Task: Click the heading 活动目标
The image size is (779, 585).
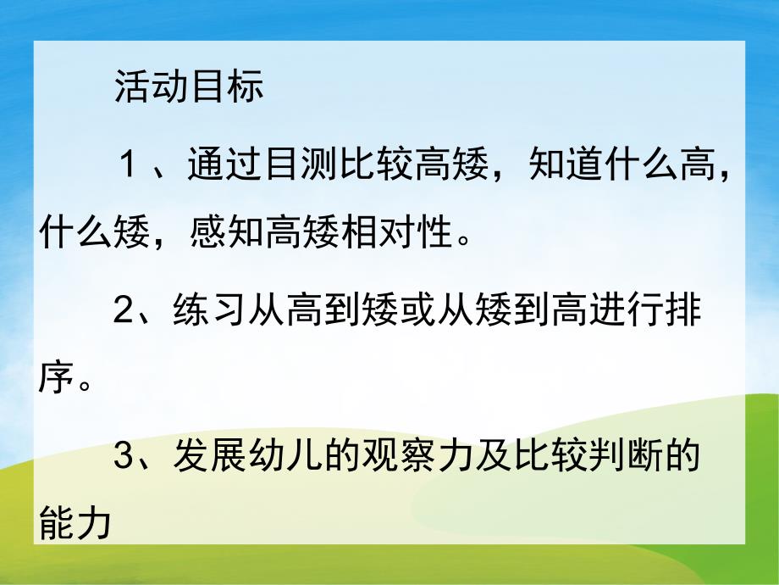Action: (x=189, y=88)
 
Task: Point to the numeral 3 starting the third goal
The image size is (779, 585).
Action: (x=124, y=460)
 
